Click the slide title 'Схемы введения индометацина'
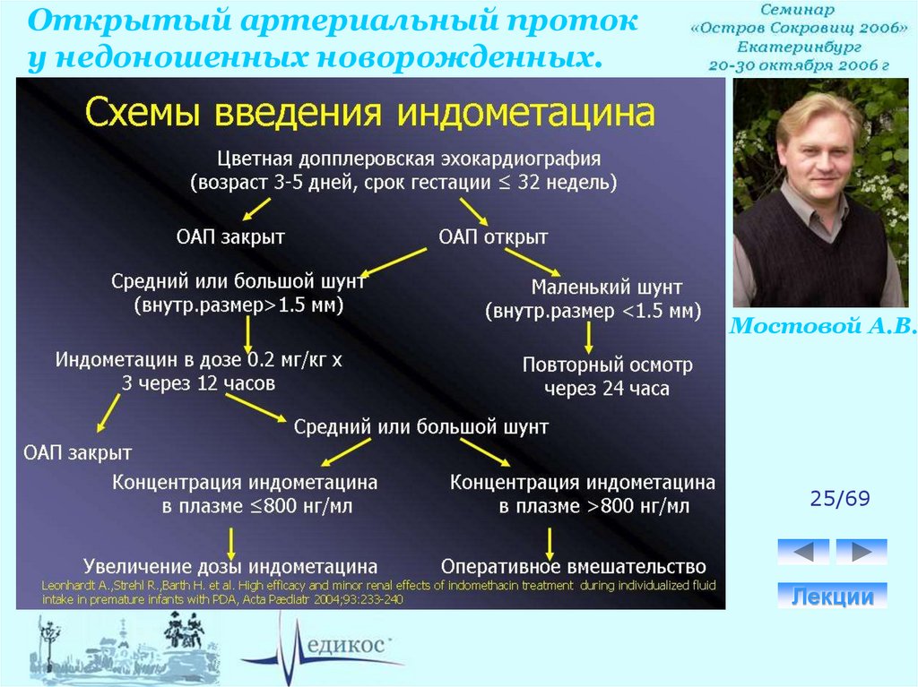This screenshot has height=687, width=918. click(x=369, y=114)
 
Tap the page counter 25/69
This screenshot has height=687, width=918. click(x=840, y=499)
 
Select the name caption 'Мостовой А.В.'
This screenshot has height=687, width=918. click(x=823, y=326)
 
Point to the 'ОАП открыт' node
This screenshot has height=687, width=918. click(x=493, y=237)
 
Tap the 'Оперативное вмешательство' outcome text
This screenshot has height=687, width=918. click(x=574, y=567)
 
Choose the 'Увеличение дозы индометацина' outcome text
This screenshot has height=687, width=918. click(x=230, y=567)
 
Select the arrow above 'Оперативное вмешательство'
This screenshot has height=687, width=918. click(x=550, y=542)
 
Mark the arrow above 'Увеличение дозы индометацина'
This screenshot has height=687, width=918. click(x=231, y=542)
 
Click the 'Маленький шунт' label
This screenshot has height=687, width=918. click(x=607, y=288)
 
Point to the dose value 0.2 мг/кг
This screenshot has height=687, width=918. click(x=265, y=361)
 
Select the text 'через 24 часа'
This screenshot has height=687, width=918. click(x=607, y=390)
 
